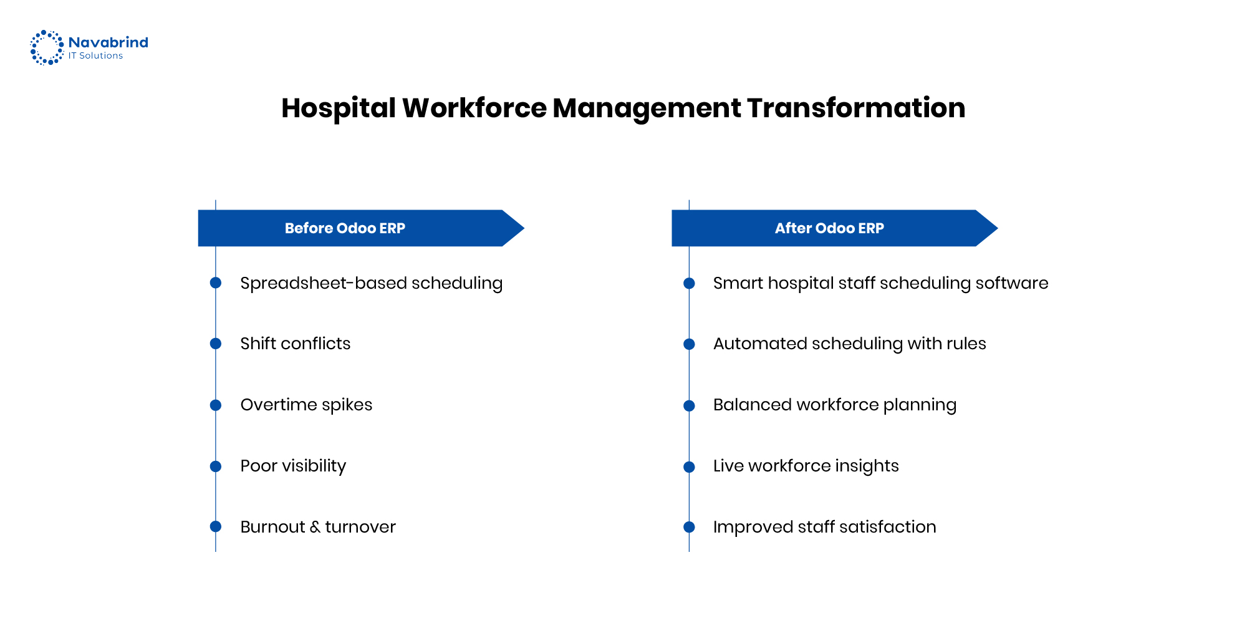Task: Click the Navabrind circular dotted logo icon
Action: [47, 47]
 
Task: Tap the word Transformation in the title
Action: [856, 108]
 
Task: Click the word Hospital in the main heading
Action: [339, 108]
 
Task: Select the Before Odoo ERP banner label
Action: [345, 228]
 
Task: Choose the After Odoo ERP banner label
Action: [829, 228]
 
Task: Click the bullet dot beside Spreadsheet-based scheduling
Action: [216, 283]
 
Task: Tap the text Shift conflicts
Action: [296, 344]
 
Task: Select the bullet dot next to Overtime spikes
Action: [216, 405]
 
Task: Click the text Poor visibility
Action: [293, 466]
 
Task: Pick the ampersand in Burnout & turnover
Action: [315, 527]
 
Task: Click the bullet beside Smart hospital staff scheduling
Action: [689, 284]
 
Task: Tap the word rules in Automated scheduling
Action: [966, 344]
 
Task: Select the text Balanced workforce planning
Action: [834, 405]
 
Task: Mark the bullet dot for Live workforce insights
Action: [689, 467]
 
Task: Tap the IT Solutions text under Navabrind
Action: [95, 56]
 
